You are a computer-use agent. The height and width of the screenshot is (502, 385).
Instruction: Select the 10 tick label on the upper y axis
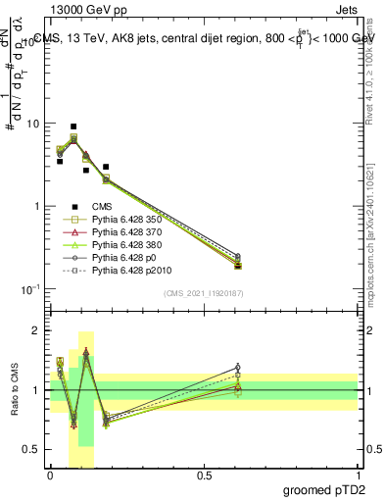pos(33,125)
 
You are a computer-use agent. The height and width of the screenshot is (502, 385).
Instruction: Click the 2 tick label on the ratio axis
pos(38,330)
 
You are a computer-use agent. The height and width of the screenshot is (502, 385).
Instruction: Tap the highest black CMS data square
pos(73,126)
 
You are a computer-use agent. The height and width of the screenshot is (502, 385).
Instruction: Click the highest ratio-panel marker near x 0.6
pos(238,367)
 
